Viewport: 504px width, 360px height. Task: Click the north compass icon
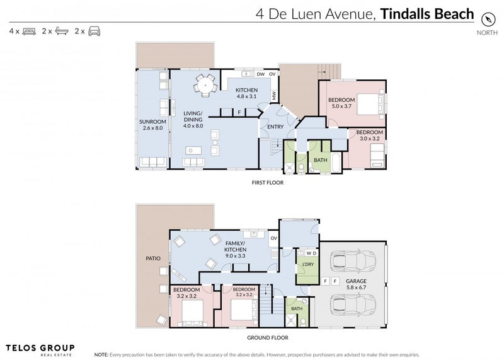click(x=488, y=20)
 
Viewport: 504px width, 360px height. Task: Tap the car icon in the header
click(x=94, y=31)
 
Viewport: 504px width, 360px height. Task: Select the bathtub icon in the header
click(x=62, y=31)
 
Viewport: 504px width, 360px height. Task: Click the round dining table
click(x=205, y=86)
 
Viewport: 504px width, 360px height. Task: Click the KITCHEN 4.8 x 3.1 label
click(x=246, y=93)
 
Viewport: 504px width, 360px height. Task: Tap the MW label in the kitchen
click(x=274, y=96)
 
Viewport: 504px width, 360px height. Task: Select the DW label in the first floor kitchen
click(x=261, y=74)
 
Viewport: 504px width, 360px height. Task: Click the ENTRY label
click(x=275, y=127)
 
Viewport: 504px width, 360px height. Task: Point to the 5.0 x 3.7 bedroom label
click(x=341, y=103)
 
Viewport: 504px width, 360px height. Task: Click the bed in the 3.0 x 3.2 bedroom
click(x=377, y=156)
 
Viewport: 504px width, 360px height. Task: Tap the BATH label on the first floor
click(x=321, y=160)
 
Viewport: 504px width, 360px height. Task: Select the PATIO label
click(x=153, y=258)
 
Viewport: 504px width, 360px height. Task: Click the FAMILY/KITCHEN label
click(x=236, y=249)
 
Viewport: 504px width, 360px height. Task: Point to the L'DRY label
click(x=308, y=264)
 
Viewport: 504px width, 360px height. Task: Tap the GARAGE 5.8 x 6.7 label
click(x=356, y=284)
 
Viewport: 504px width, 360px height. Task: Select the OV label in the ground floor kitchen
click(x=274, y=238)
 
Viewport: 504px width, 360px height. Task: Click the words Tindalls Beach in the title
click(x=427, y=14)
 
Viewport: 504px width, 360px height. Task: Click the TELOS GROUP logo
click(x=40, y=349)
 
